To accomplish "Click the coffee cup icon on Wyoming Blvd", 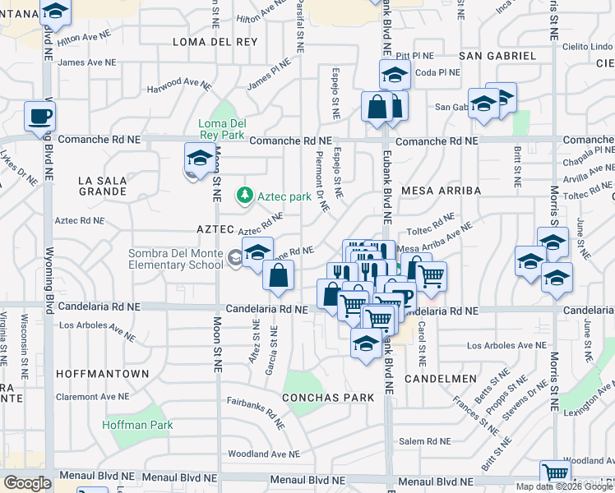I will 39,117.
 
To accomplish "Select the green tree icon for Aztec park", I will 243,196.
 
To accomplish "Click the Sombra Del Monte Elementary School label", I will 175,259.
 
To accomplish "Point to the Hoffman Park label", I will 138,425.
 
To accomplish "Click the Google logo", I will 27,483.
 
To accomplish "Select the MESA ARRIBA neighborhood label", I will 441,191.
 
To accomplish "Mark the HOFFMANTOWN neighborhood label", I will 103,374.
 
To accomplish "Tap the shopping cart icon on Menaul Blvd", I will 555,474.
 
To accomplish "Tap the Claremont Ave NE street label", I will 92,395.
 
